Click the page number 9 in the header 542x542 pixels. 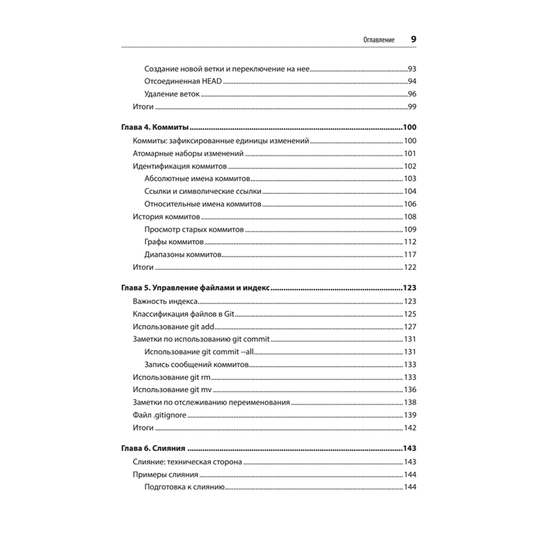coord(413,40)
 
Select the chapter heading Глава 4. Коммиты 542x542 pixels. coord(153,128)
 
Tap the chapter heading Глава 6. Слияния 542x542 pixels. coord(152,449)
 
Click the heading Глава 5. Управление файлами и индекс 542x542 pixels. coord(193,288)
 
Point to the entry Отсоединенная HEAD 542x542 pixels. coord(184,81)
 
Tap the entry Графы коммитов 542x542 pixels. coord(174,242)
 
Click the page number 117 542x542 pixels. coord(410,255)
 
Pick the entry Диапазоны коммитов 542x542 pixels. coord(183,255)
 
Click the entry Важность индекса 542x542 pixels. coord(165,301)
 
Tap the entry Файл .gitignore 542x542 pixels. coord(159,415)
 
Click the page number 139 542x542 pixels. coord(410,415)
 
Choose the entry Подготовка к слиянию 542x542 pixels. coord(184,487)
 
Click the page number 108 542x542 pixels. coord(410,217)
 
